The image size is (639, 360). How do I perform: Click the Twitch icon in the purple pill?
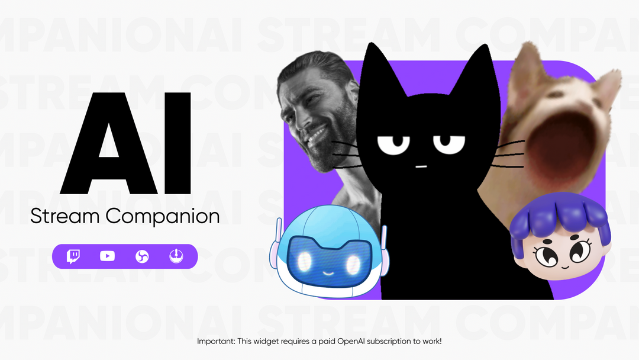pyautogui.click(x=74, y=256)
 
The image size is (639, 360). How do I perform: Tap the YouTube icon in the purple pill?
pyautogui.click(x=107, y=256)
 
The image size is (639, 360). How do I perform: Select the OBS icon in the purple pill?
pyautogui.click(x=142, y=256)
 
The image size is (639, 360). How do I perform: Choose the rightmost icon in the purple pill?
pyautogui.click(x=175, y=256)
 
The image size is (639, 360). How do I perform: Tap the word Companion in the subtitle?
pyautogui.click(x=163, y=217)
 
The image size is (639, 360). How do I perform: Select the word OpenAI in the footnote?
pyautogui.click(x=352, y=342)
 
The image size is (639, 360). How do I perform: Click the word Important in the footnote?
pyautogui.click(x=214, y=342)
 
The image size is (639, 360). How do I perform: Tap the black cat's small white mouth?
pyautogui.click(x=421, y=166)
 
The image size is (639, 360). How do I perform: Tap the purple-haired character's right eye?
pyautogui.click(x=579, y=253)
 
